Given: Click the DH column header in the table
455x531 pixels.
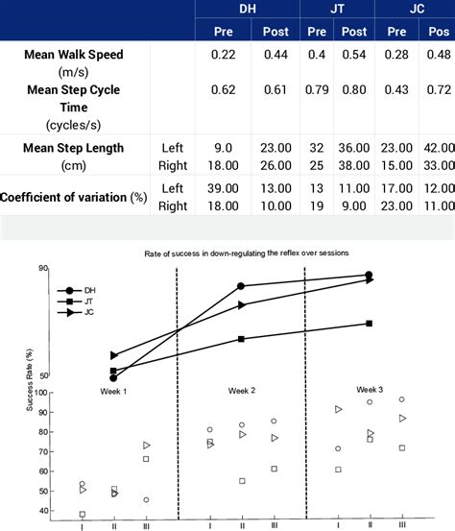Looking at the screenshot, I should (x=248, y=9).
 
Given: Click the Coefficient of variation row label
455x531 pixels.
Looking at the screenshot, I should (x=74, y=197).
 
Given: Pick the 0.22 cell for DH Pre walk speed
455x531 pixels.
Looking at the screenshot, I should (x=223, y=54).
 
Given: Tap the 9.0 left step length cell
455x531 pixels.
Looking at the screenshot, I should (x=223, y=147).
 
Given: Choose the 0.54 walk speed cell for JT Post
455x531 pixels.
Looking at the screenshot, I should (x=354, y=54).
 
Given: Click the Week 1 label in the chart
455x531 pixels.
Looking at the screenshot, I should (x=113, y=391).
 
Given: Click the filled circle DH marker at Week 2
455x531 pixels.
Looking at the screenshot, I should (x=241, y=286).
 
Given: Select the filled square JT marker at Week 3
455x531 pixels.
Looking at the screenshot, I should (x=370, y=324).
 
